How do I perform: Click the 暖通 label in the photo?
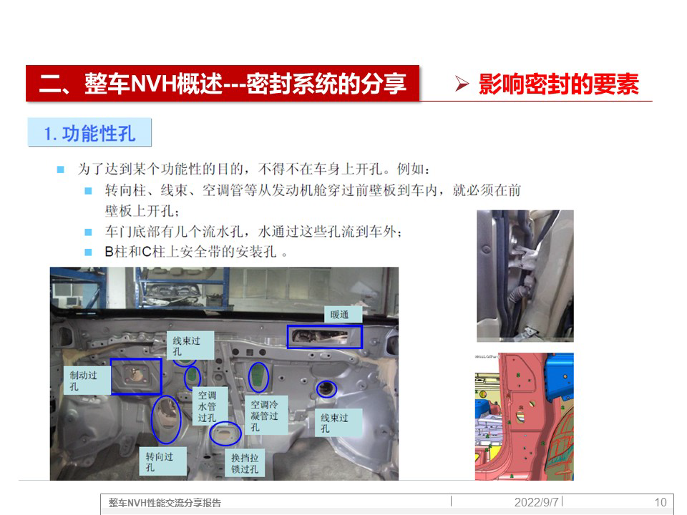click(x=343, y=315)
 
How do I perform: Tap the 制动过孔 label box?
click(x=87, y=381)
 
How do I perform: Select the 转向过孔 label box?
click(x=162, y=461)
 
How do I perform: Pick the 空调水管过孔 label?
click(x=210, y=406)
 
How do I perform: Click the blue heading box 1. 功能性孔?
click(x=89, y=132)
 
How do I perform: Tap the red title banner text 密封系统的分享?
click(x=326, y=83)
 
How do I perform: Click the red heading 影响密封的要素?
click(x=559, y=84)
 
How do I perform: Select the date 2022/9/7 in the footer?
click(x=536, y=502)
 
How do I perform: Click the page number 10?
click(x=661, y=502)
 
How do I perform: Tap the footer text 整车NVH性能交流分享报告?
click(x=165, y=503)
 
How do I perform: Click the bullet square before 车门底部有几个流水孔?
click(x=88, y=232)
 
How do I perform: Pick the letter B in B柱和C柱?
click(x=109, y=252)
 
